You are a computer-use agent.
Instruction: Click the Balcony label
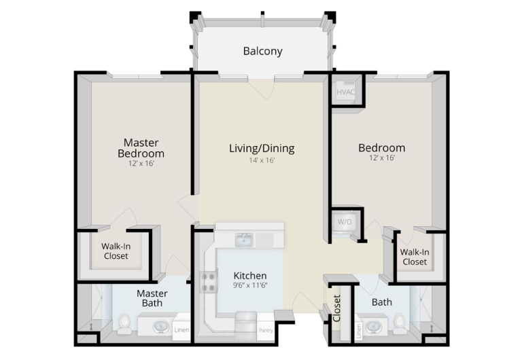(262, 51)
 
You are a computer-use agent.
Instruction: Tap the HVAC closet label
(345, 92)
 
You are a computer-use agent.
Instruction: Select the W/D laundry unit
(345, 221)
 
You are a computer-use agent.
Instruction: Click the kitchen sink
(244, 240)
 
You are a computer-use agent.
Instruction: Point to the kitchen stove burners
(209, 282)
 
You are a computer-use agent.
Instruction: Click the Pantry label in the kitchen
(266, 330)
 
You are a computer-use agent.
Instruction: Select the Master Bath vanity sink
(161, 327)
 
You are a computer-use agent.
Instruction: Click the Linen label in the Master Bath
(181, 330)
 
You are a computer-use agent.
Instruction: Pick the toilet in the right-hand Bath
(399, 324)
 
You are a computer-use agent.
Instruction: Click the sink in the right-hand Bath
(373, 327)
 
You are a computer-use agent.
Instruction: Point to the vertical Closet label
(336, 308)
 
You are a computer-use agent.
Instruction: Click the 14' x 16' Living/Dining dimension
(262, 161)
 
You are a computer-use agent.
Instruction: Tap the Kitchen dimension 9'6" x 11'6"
(251, 285)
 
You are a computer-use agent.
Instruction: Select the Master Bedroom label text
(141, 148)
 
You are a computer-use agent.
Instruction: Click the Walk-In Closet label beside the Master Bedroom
(116, 251)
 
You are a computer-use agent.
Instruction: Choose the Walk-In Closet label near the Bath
(415, 257)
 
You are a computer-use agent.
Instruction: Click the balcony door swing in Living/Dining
(261, 89)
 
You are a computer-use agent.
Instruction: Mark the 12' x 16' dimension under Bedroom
(382, 158)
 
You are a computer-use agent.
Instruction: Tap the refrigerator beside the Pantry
(246, 321)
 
